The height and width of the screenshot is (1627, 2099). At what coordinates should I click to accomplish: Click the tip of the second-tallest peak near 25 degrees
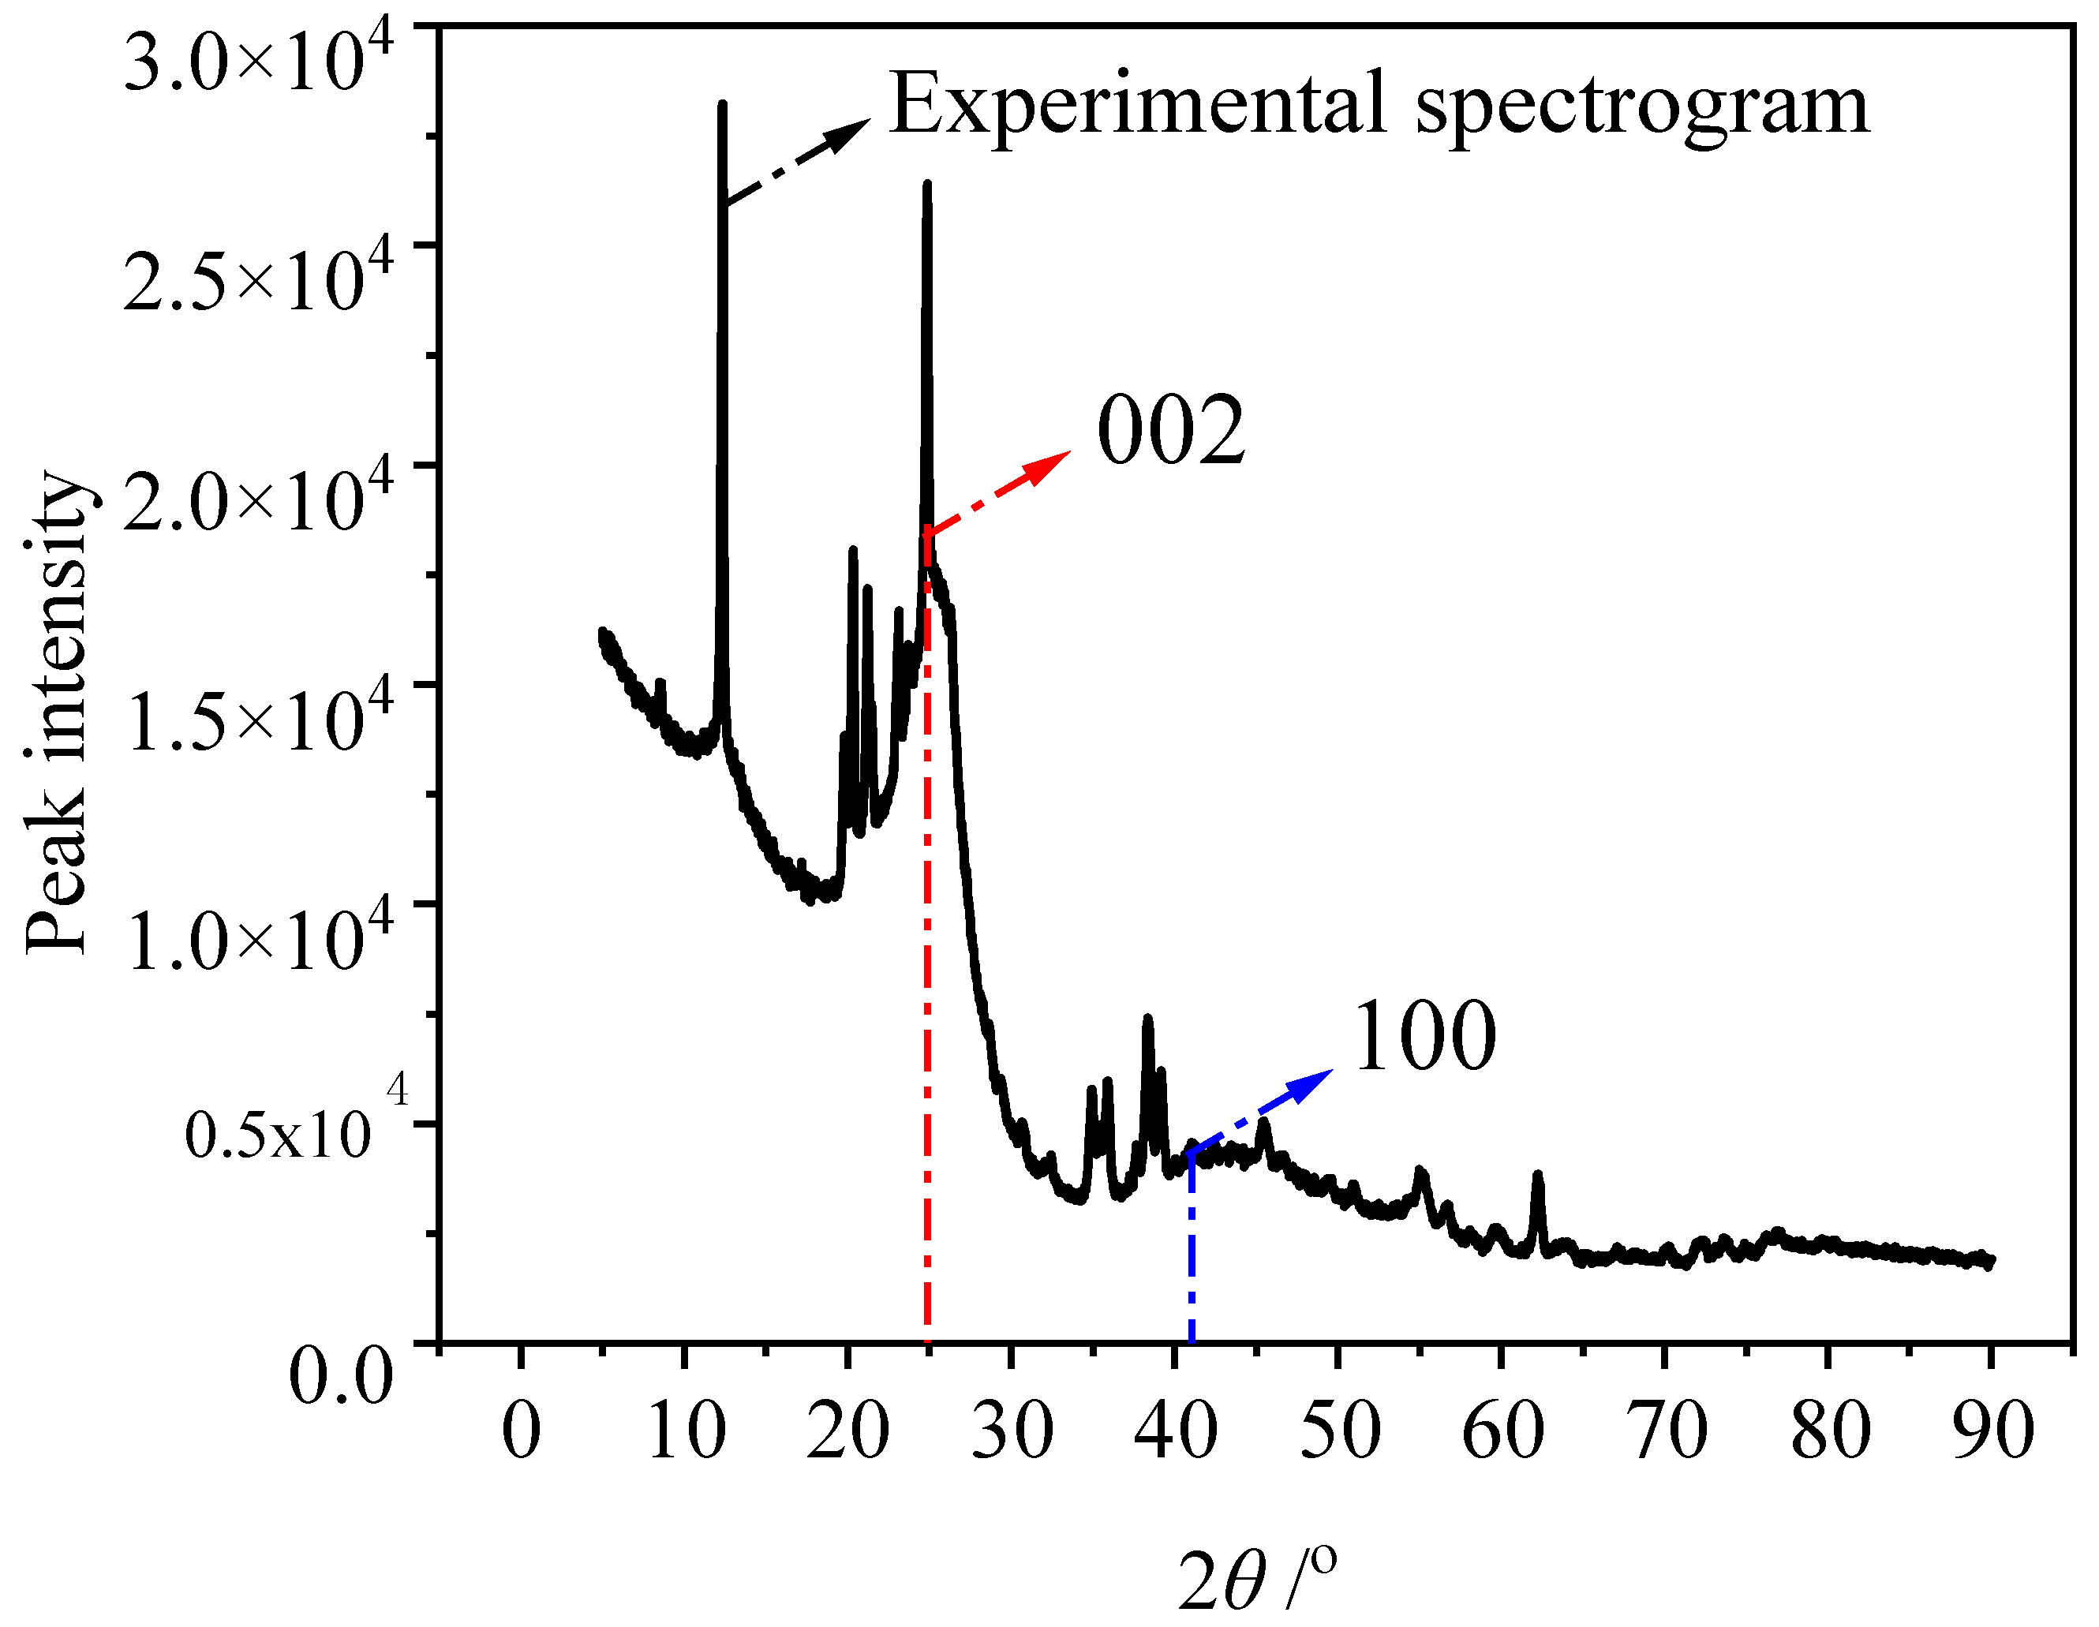coord(927,185)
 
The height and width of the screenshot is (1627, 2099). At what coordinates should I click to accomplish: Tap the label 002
coord(1170,432)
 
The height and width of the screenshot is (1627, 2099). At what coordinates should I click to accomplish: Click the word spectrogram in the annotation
coord(1644,106)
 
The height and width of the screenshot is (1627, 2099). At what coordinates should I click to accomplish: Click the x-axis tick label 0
coord(521,1431)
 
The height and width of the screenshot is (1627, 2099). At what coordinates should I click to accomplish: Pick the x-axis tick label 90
coord(1994,1431)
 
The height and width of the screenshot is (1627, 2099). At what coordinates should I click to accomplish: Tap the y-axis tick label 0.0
coord(341,1376)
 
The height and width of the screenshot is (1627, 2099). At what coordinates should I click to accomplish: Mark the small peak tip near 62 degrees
coord(1538,1174)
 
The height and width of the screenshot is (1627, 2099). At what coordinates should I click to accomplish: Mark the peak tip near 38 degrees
coord(1147,1019)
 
